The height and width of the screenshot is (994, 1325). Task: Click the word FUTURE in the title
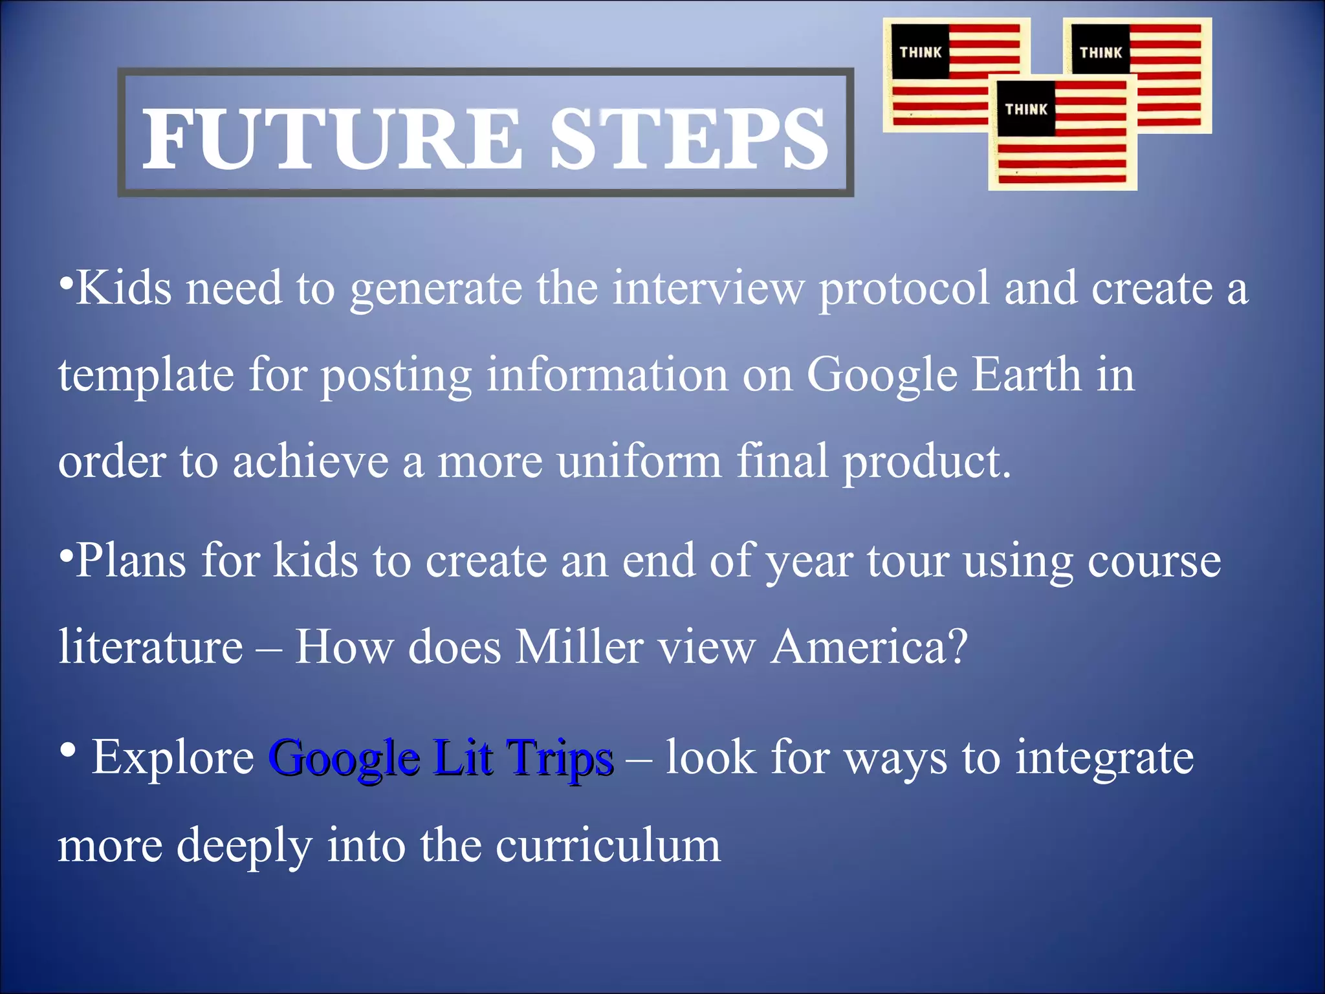tap(331, 139)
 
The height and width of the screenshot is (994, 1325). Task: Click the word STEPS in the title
tap(688, 139)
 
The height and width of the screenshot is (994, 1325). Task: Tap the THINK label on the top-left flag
tap(920, 52)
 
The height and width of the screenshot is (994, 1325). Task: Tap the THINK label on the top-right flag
tap(1101, 52)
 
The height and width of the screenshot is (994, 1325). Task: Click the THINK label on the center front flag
tap(1025, 109)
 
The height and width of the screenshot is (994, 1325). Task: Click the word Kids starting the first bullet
tap(123, 288)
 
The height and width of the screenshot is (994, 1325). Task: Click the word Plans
tap(131, 560)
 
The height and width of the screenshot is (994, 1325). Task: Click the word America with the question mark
tap(869, 646)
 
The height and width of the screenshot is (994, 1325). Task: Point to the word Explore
tap(173, 758)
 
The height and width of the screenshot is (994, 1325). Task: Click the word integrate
tap(1104, 759)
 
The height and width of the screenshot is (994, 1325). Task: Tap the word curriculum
tap(608, 845)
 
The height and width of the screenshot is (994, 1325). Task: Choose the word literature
tap(150, 646)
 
